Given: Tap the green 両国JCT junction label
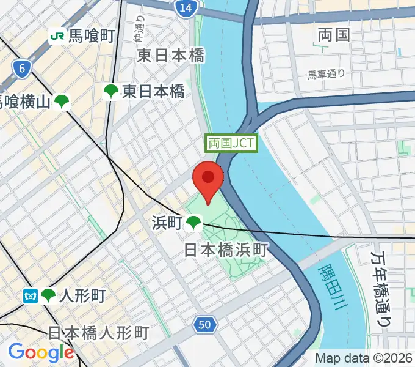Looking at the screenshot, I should tap(232, 144).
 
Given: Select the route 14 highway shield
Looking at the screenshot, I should tap(185, 7).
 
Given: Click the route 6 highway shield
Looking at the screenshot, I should tap(21, 69).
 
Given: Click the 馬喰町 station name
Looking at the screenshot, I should tap(91, 37).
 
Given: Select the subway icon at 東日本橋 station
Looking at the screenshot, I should tap(111, 92).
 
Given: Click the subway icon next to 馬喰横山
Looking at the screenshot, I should tap(61, 102).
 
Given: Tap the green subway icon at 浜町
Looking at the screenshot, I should tap(194, 223).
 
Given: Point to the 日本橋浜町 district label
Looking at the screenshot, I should tap(226, 250).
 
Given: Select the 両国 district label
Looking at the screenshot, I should tap(334, 35).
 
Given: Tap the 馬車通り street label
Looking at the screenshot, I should tap(326, 75).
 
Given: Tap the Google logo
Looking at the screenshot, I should tap(41, 352).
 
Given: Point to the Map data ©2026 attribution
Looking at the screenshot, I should tap(364, 358).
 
